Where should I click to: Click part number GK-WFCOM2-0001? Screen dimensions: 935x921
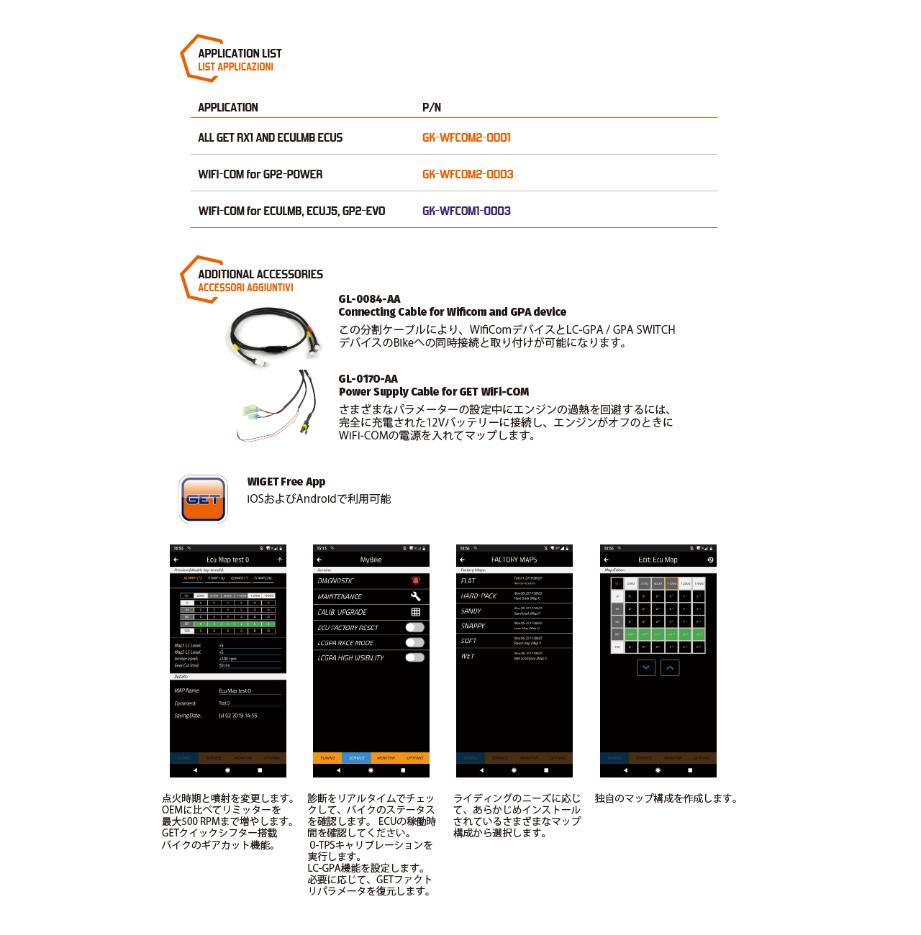tap(466, 137)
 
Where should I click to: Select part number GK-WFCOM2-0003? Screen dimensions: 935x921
tap(468, 174)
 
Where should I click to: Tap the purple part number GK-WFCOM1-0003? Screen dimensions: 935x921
tap(466, 211)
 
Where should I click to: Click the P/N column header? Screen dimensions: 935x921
tap(432, 107)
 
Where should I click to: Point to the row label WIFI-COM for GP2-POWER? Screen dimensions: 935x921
tap(260, 174)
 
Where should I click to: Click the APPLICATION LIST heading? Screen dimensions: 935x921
tap(240, 53)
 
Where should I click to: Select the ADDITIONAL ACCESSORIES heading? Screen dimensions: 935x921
tap(260, 274)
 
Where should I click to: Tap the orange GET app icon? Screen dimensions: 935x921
tap(204, 498)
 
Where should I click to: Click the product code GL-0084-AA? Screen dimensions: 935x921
tap(369, 299)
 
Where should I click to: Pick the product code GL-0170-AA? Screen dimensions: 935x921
tap(368, 379)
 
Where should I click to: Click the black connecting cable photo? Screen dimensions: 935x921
tap(273, 334)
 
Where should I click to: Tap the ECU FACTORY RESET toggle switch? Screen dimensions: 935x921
tap(415, 627)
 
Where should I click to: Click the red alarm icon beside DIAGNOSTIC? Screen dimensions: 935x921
tap(416, 580)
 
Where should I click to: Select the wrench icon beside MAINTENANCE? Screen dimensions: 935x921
tap(416, 596)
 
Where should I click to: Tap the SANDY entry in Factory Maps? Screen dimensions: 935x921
tap(471, 611)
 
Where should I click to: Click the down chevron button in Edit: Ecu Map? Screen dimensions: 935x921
tap(646, 667)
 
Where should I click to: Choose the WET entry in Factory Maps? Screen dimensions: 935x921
tap(468, 656)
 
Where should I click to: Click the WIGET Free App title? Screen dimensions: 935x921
tap(286, 482)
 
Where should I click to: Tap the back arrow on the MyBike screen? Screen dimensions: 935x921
tap(319, 560)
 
